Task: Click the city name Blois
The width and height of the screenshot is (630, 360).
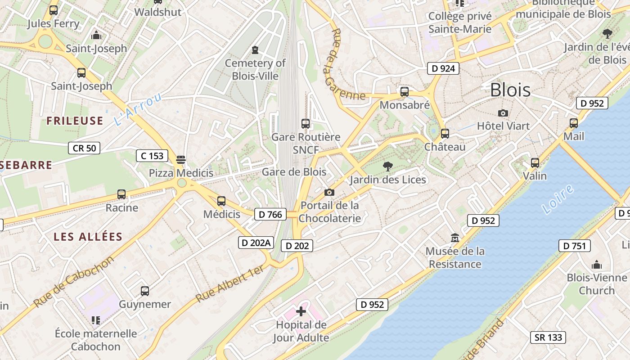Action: click(510, 90)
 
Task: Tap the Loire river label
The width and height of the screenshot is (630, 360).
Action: click(558, 199)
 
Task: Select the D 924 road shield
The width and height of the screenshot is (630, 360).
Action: click(443, 68)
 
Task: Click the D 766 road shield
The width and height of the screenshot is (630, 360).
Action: click(271, 214)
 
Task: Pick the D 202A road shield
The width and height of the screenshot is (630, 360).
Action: click(256, 243)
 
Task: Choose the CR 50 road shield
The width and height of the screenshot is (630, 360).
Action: click(84, 148)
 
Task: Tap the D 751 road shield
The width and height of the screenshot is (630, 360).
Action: click(574, 246)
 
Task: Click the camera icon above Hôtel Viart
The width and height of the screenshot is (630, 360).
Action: click(503, 113)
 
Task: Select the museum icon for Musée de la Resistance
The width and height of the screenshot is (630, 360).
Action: click(455, 238)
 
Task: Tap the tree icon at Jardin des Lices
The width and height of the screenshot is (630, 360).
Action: click(387, 166)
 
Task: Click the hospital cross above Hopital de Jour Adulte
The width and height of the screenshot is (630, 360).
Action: click(301, 311)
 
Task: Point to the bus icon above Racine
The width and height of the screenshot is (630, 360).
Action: click(121, 194)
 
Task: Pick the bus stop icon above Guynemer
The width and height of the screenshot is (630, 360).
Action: click(144, 291)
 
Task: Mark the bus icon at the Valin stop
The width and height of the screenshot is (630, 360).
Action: click(535, 162)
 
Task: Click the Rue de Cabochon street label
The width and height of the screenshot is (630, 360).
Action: click(74, 282)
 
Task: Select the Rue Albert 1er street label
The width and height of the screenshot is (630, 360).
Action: click(230, 283)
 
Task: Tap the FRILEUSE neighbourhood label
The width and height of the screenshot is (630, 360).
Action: click(75, 121)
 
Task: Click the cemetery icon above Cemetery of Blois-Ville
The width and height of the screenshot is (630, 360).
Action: click(255, 49)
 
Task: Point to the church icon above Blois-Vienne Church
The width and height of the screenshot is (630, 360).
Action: click(597, 264)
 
